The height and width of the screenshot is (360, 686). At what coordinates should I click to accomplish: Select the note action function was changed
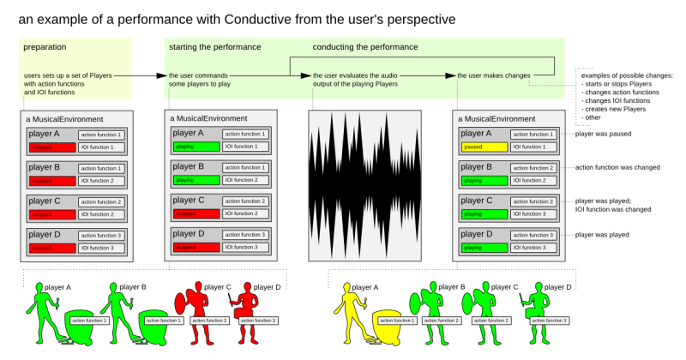point(617,167)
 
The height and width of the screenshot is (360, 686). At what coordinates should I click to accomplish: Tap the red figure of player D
point(249,310)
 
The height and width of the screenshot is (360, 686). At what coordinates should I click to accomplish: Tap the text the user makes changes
point(493,76)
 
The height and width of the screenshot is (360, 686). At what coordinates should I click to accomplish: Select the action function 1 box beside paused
point(533,135)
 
